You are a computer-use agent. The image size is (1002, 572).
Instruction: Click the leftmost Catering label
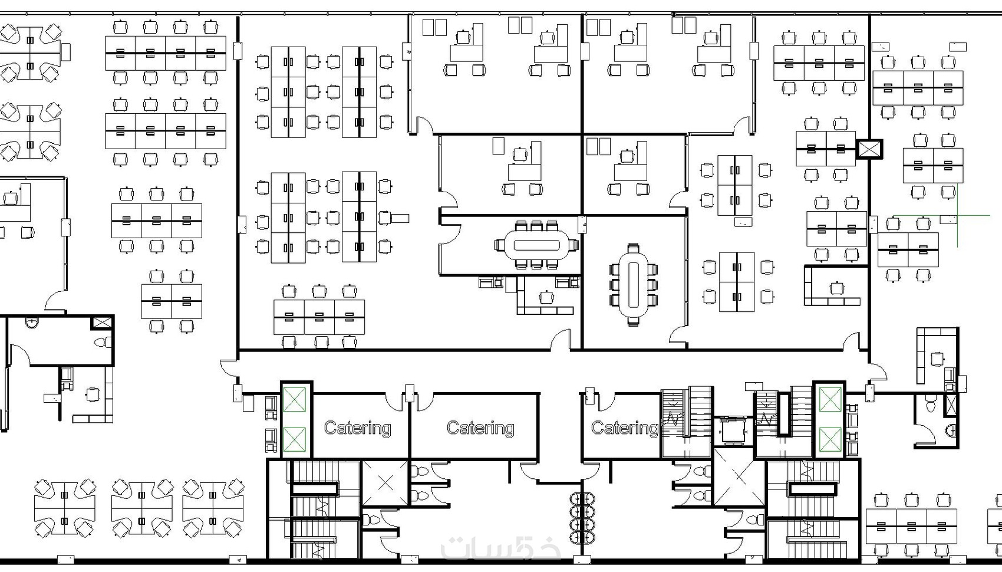click(x=357, y=428)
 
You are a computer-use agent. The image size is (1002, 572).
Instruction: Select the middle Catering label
click(x=480, y=428)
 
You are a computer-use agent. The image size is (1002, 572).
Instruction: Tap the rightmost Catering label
click(x=624, y=428)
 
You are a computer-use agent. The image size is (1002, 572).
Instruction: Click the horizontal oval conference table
click(x=536, y=245)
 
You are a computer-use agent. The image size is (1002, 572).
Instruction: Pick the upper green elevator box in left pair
click(x=294, y=399)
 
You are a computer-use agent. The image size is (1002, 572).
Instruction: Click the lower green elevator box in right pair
click(x=830, y=439)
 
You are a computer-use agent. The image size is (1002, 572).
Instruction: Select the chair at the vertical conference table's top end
click(x=633, y=248)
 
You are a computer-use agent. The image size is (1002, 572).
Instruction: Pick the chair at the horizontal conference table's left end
click(x=500, y=245)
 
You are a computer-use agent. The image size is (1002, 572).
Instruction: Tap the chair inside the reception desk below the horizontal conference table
click(x=545, y=296)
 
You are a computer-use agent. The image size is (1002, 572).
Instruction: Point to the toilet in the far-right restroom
click(x=931, y=405)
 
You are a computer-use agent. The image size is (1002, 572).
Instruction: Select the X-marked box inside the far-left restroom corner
click(x=101, y=322)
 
